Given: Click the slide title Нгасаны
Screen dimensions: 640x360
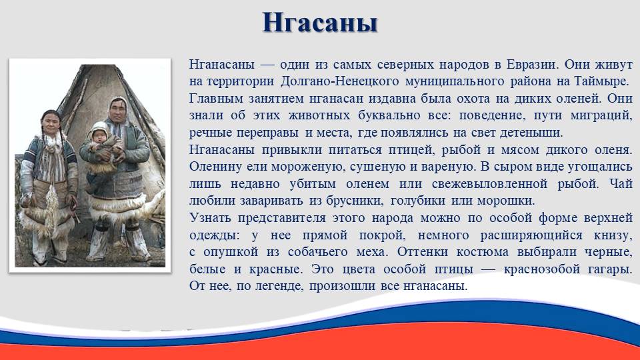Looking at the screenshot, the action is point(319,23).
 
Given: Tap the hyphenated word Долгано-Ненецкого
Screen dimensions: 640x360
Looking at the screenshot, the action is point(339,81).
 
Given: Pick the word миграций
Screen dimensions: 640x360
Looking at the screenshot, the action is point(601,116).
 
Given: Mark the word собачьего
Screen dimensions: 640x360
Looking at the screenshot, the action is point(317,252).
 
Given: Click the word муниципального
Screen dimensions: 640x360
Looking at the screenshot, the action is point(454,81).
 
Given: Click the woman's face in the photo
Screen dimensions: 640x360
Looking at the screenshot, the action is point(51,123).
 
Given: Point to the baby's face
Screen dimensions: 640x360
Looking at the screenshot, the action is point(99,135).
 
